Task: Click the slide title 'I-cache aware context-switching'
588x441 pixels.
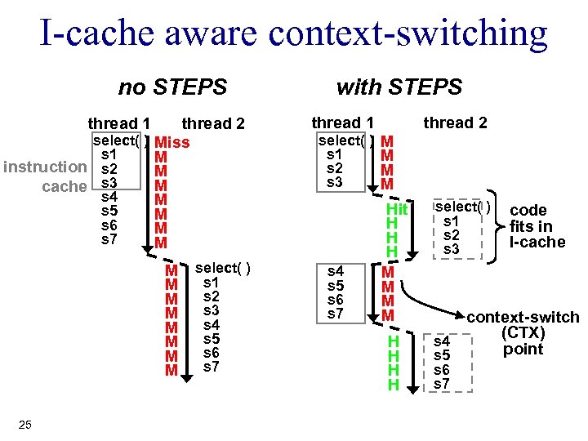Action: coord(294,33)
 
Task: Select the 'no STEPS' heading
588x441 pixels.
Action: coord(172,87)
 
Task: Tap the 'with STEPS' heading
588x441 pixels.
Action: coord(399,87)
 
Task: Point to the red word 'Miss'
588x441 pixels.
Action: coord(172,143)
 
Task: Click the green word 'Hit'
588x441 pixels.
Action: coord(396,211)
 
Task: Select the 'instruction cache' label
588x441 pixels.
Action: coord(46,176)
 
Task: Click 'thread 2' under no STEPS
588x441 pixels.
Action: coord(213,124)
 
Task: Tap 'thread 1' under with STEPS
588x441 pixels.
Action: coord(342,123)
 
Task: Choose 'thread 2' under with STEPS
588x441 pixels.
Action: coord(455,123)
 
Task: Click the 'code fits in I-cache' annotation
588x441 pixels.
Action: coord(537,226)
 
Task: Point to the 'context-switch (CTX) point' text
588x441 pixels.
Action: coord(523,333)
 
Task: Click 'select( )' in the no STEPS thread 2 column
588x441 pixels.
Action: coord(223,268)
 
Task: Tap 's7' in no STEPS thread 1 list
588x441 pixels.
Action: coord(109,239)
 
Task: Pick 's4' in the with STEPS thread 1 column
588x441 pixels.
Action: coord(335,270)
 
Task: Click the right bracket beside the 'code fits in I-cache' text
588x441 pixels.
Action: coord(496,225)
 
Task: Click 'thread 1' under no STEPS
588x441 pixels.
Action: coord(118,124)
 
